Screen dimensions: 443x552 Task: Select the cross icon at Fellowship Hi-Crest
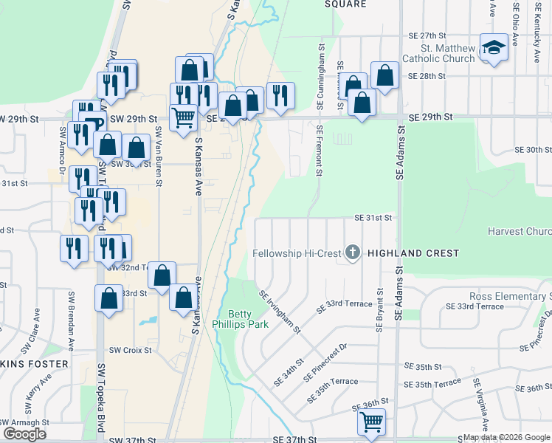(353, 253)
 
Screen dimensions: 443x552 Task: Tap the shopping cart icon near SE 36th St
(371, 422)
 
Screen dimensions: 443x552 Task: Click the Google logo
(24, 433)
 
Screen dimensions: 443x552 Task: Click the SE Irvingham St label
(280, 311)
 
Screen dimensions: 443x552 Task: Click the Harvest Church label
(520, 231)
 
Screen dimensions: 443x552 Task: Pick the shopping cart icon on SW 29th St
(182, 116)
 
